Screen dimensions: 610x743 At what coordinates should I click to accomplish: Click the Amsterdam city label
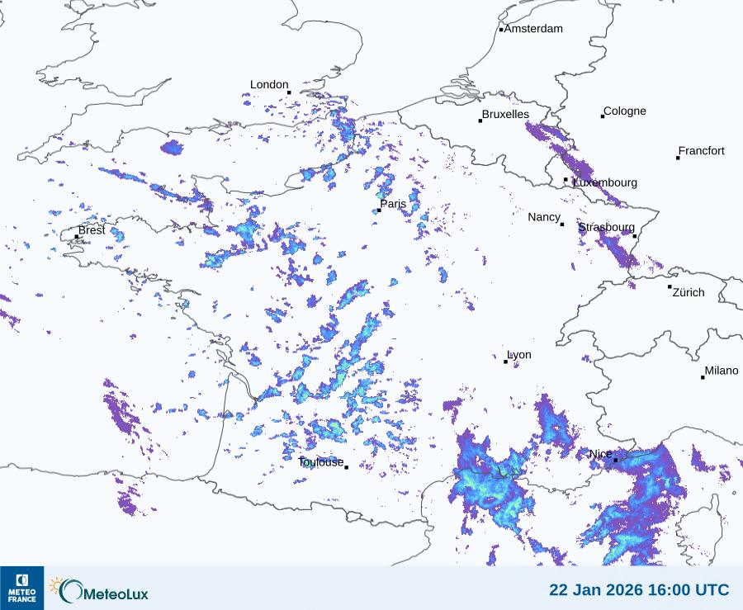[533, 29]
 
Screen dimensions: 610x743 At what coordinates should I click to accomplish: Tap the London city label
[269, 84]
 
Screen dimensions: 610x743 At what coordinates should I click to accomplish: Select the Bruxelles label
[505, 115]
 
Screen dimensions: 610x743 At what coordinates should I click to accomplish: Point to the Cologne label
[625, 111]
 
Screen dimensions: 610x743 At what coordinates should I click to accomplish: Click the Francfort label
[701, 151]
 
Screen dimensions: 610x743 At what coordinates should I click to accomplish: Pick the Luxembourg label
[605, 182]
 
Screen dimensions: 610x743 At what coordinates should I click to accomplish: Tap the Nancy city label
[544, 217]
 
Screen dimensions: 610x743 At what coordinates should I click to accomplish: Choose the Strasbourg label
[606, 227]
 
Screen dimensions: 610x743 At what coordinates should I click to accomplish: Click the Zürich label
[689, 292]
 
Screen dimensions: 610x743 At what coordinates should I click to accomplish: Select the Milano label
[721, 371]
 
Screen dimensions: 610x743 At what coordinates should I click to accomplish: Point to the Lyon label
[519, 355]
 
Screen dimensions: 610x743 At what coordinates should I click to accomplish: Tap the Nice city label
[600, 454]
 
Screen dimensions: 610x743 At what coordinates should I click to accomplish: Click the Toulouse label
[320, 462]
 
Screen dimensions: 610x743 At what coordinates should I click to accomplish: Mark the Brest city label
[92, 230]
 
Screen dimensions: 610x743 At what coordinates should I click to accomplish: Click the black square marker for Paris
[378, 211]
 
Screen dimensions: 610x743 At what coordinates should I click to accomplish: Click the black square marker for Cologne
[603, 116]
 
